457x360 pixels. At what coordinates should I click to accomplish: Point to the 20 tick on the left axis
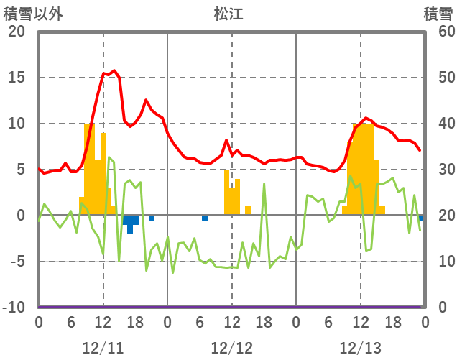coord(17,32)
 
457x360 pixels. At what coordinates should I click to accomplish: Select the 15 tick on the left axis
coord(17,78)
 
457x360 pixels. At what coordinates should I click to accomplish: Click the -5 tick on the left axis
coord(17,262)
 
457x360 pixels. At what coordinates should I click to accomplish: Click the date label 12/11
coord(103,348)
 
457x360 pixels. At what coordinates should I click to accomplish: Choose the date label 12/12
coord(231,348)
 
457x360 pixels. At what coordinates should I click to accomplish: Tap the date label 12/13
coord(360,348)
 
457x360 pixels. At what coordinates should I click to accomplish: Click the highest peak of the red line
coord(114,70)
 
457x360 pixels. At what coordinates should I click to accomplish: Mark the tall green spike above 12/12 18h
coord(264,185)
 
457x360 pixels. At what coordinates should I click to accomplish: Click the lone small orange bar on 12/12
coord(248,211)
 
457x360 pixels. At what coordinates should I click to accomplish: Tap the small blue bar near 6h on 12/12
coord(205,218)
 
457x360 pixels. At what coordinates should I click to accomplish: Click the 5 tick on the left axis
coord(19,170)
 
